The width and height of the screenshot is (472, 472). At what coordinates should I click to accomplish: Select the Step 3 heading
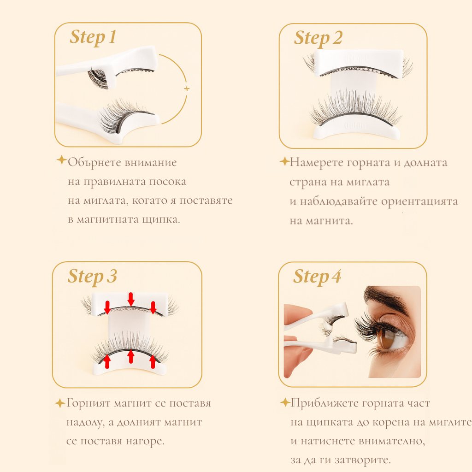(x=92, y=277)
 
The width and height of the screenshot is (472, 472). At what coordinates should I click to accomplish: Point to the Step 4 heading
(x=317, y=277)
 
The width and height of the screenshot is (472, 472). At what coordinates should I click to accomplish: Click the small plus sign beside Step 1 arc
(x=186, y=88)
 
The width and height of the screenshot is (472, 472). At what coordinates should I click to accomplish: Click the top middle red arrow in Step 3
(x=131, y=299)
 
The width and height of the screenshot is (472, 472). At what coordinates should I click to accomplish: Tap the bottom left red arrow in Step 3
(x=107, y=361)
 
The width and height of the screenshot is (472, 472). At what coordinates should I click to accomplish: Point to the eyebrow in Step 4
(x=385, y=297)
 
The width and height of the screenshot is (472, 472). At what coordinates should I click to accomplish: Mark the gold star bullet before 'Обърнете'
(x=61, y=160)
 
